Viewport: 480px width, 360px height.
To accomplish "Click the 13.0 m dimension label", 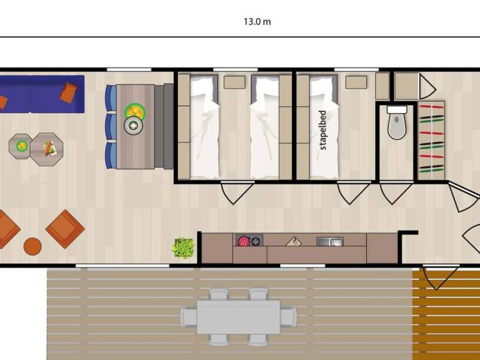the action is [x=257, y=22].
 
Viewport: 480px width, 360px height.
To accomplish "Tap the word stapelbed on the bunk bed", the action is [x=322, y=130].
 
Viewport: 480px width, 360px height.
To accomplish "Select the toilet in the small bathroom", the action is [x=397, y=122].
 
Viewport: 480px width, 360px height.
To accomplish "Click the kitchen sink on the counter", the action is [x=330, y=242].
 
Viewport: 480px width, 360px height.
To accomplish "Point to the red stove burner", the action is [x=243, y=241].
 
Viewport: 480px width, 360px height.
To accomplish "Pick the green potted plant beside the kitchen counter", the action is [x=183, y=248].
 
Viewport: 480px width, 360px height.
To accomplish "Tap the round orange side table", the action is [x=32, y=246].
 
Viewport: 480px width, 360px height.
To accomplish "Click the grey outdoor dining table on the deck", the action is [x=238, y=317].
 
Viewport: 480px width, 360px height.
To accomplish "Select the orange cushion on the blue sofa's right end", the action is [x=69, y=92].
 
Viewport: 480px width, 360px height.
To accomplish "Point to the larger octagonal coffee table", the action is [x=46, y=149].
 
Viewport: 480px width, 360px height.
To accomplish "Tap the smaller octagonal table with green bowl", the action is [x=21, y=146].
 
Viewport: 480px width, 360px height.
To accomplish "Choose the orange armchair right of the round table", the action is [x=65, y=229].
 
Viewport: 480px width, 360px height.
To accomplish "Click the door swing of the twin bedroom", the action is [x=237, y=193].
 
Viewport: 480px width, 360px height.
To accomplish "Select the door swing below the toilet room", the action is [x=396, y=193].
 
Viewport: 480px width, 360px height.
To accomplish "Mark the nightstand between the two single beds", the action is [x=234, y=82].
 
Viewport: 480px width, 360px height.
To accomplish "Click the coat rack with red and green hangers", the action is [x=431, y=141].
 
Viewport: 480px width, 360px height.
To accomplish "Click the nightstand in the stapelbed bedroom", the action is [x=356, y=82].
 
